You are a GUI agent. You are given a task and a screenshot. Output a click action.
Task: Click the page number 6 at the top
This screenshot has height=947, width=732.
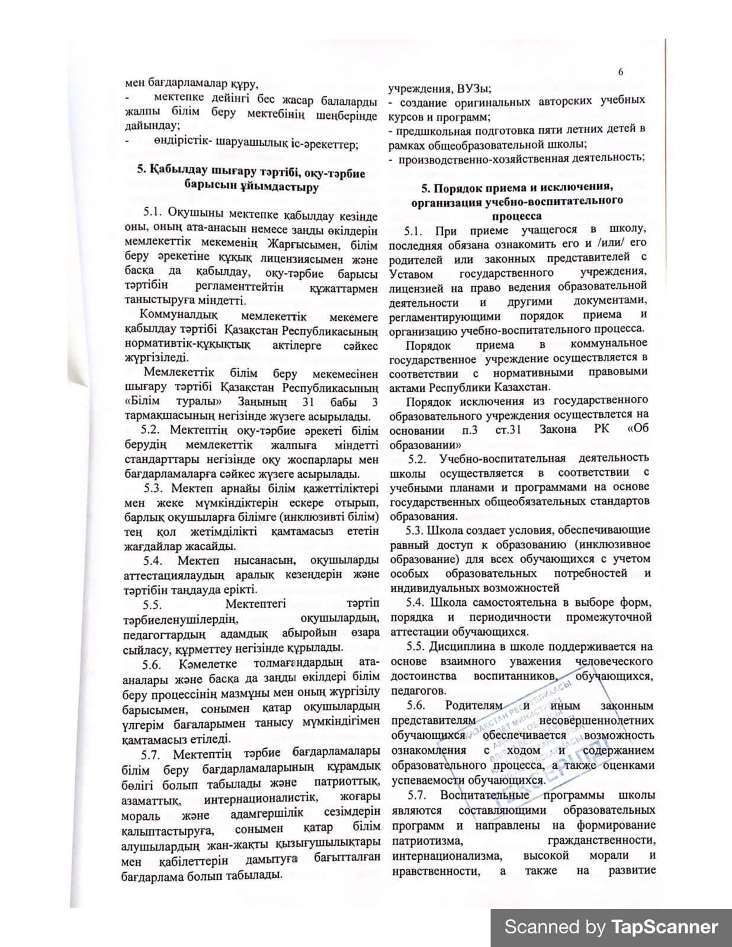pyautogui.click(x=621, y=72)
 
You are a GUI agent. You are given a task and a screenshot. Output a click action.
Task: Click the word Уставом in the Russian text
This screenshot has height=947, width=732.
pyautogui.click(x=412, y=274)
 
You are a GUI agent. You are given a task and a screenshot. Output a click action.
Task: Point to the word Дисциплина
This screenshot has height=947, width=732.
pyautogui.click(x=461, y=646)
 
